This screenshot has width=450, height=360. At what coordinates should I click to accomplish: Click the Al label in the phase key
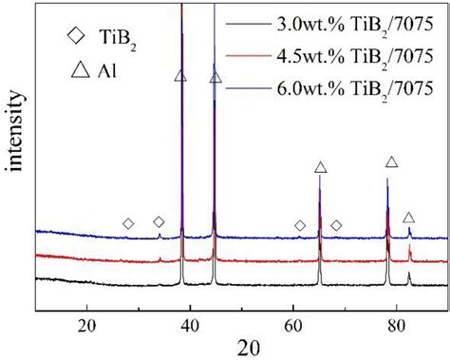coord(118,71)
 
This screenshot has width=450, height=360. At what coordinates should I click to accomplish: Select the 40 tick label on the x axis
coord(190,324)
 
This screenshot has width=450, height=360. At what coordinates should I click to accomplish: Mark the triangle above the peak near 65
coord(321,167)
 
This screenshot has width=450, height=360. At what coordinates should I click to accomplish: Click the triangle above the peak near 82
coord(409,218)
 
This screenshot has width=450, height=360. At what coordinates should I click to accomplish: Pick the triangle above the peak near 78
coord(390,162)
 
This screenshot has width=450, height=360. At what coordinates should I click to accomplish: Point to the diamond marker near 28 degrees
coord(128,224)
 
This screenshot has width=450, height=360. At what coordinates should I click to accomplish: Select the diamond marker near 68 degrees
coord(336,225)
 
